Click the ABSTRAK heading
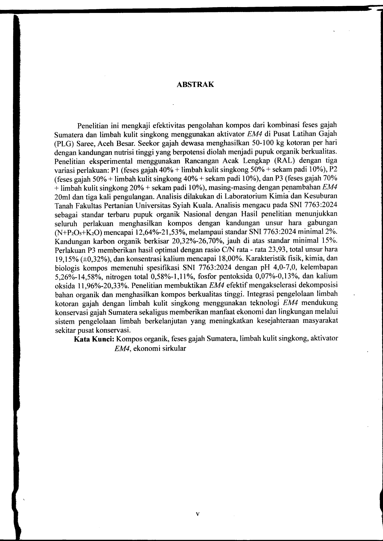pyautogui.click(x=195, y=85)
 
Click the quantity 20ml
pyautogui.click(x=63, y=196)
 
